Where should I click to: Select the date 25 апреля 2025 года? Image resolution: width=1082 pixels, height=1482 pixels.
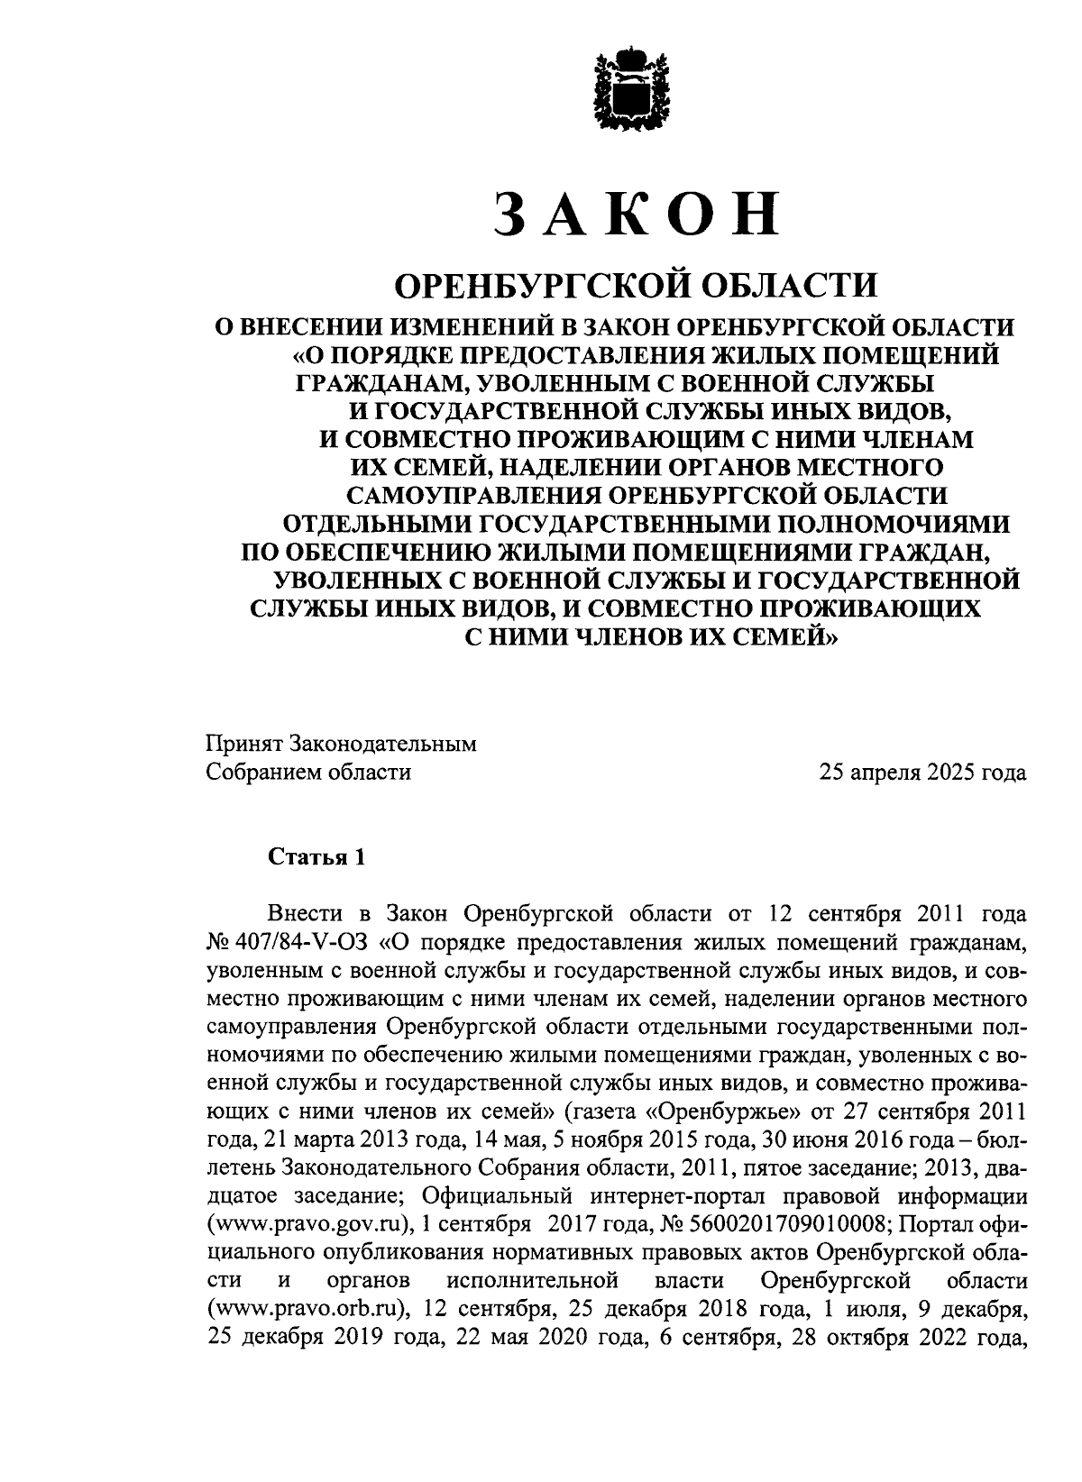pyautogui.click(x=922, y=773)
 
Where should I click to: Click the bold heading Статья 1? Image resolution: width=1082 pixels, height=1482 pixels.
pyautogui.click(x=316, y=857)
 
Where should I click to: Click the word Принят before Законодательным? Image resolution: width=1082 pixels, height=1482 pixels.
pyautogui.click(x=243, y=745)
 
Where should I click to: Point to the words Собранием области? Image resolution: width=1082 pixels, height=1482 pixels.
pyautogui.click(x=308, y=773)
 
